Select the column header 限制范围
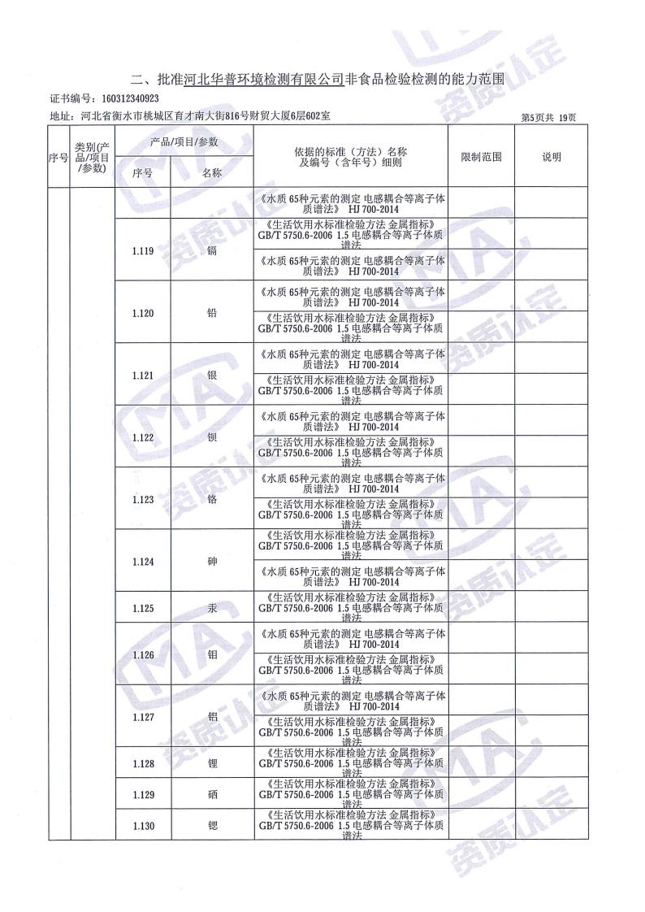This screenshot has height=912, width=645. pyautogui.click(x=481, y=157)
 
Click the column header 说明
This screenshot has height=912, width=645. pyautogui.click(x=552, y=157)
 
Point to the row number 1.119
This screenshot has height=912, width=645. pyautogui.click(x=142, y=251)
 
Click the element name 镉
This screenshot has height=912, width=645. pyautogui.click(x=212, y=251)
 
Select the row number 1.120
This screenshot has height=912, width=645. pyautogui.click(x=142, y=313)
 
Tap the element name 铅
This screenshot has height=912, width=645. pyautogui.click(x=212, y=313)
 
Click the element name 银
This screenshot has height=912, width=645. pyautogui.click(x=212, y=375)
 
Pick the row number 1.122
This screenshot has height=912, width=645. pyautogui.click(x=142, y=437)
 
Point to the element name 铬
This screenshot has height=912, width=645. pyautogui.click(x=212, y=499)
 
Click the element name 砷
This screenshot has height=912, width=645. pyautogui.click(x=212, y=561)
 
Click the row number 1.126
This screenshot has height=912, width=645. pyautogui.click(x=142, y=654)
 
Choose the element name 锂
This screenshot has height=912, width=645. pyautogui.click(x=212, y=763)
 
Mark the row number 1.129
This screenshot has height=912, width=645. pyautogui.click(x=142, y=794)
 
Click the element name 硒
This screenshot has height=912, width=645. pyautogui.click(x=212, y=794)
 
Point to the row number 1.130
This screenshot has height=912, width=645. pyautogui.click(x=142, y=826)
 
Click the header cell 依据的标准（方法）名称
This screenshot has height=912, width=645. pyautogui.click(x=351, y=152)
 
